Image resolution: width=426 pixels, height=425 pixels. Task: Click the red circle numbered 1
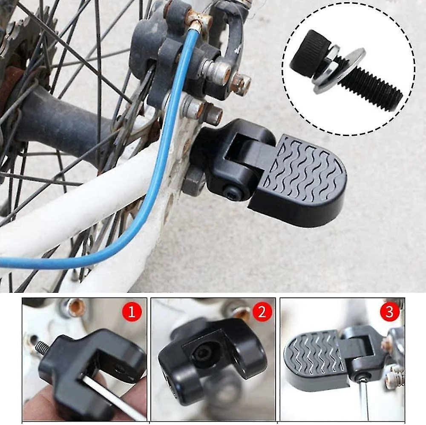point(132,311)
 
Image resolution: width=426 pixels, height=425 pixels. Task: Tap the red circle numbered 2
point(262,311)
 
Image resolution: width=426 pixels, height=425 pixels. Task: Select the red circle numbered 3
point(390,311)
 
